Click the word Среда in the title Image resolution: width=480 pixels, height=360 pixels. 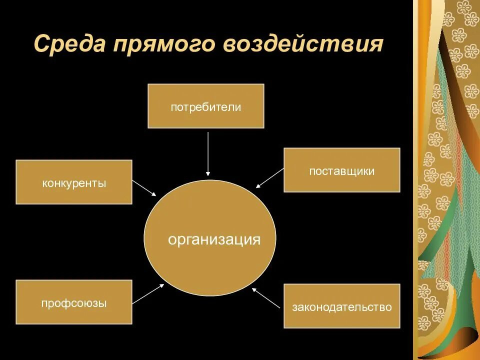[69, 44]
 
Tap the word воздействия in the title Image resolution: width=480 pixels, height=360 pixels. [303, 44]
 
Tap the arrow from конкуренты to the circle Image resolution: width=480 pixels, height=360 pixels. [144, 188]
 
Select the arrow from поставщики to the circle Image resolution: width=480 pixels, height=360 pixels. [270, 178]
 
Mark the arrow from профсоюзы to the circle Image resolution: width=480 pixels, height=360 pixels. [148, 294]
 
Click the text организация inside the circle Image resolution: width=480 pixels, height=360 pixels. [214, 239]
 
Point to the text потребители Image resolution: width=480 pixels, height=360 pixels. [205, 107]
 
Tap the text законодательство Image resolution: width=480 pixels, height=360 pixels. [342, 307]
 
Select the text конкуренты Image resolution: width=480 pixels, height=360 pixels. [74, 183]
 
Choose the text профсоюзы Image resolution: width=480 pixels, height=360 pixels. [74, 302]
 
